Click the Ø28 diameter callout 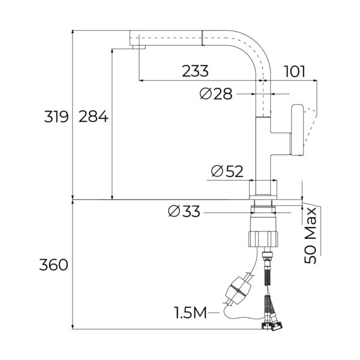214,94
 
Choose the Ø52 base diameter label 227,172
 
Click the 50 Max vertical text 310,236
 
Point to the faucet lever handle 298,128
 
